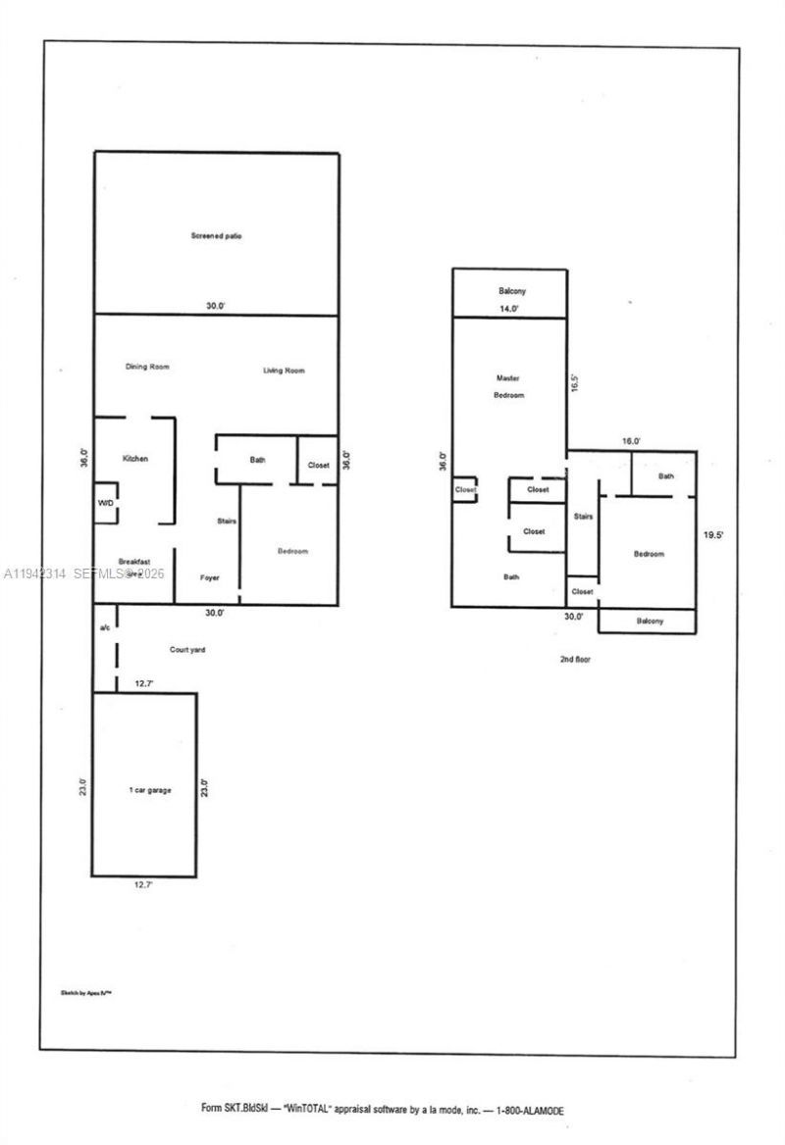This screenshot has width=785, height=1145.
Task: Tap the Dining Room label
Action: (147, 367)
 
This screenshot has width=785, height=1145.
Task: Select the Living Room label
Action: (284, 370)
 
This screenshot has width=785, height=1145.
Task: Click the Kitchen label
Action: (134, 459)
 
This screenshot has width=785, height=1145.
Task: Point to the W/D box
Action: (106, 503)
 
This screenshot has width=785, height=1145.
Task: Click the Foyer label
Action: (209, 577)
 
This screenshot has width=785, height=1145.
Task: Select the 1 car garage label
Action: (150, 789)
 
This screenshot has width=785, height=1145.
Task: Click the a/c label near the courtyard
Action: (104, 625)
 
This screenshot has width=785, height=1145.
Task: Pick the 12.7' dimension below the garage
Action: (143, 884)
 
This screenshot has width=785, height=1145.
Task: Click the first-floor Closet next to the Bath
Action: (318, 465)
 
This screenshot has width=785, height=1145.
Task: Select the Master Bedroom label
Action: (508, 386)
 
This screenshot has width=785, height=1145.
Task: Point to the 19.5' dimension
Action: (712, 535)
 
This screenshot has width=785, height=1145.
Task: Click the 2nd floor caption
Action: (574, 659)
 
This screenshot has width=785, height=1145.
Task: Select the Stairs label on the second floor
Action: (583, 516)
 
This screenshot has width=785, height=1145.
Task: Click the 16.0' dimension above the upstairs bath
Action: (631, 442)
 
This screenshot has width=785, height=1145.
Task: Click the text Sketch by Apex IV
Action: (88, 992)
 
